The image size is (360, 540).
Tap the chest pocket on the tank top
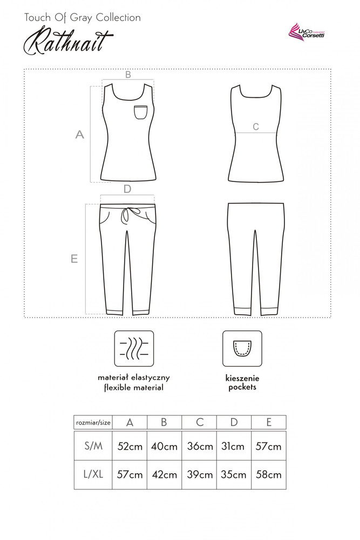(141, 112)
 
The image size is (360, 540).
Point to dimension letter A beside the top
(80, 135)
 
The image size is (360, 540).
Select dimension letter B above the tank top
(128, 75)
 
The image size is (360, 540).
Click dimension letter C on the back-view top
(256, 127)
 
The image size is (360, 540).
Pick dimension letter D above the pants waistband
(127, 189)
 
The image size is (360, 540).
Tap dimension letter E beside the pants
(74, 259)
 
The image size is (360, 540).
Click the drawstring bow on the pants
(127, 215)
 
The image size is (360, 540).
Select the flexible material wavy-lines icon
(134, 348)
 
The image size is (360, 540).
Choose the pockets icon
(242, 348)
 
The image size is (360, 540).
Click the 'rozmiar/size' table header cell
(93, 422)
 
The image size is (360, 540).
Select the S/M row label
(93, 447)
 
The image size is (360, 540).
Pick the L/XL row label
(93, 475)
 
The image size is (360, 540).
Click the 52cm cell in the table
(130, 447)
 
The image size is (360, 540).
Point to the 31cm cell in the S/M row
(234, 447)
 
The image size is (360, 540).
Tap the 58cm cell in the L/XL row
(268, 475)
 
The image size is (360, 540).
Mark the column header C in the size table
(199, 422)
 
